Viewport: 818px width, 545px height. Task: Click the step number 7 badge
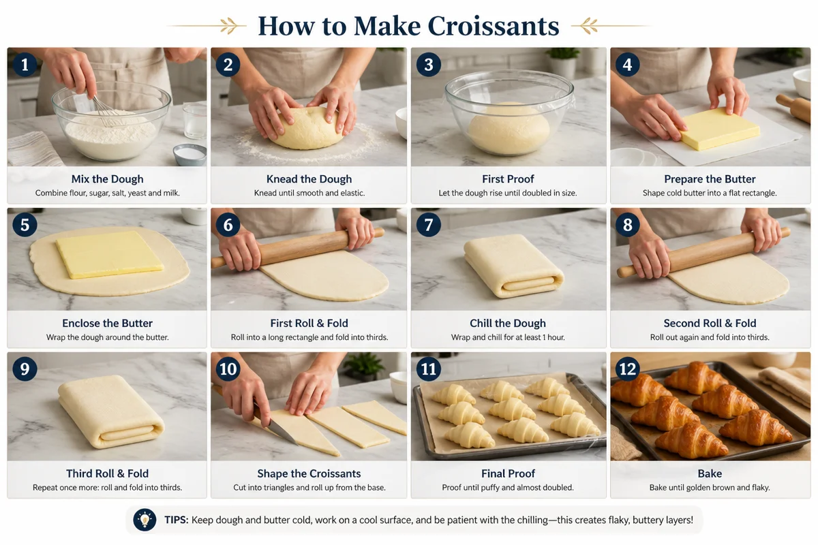(429, 225)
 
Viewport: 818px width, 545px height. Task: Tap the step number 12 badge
(627, 369)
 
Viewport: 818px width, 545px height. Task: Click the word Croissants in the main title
(493, 26)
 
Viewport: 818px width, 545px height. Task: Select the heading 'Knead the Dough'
(309, 179)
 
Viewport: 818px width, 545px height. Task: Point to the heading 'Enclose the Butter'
(107, 323)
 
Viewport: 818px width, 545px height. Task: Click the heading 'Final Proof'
(508, 473)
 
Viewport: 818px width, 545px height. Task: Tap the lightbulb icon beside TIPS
(144, 520)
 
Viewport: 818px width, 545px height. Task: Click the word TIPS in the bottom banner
(177, 520)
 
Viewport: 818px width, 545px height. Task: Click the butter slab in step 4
(720, 128)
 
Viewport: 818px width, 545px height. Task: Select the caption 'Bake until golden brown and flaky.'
(710, 488)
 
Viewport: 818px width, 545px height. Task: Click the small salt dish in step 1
(190, 154)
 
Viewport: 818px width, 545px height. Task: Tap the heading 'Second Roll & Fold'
(710, 323)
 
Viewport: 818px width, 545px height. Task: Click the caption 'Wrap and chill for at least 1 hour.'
(508, 337)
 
